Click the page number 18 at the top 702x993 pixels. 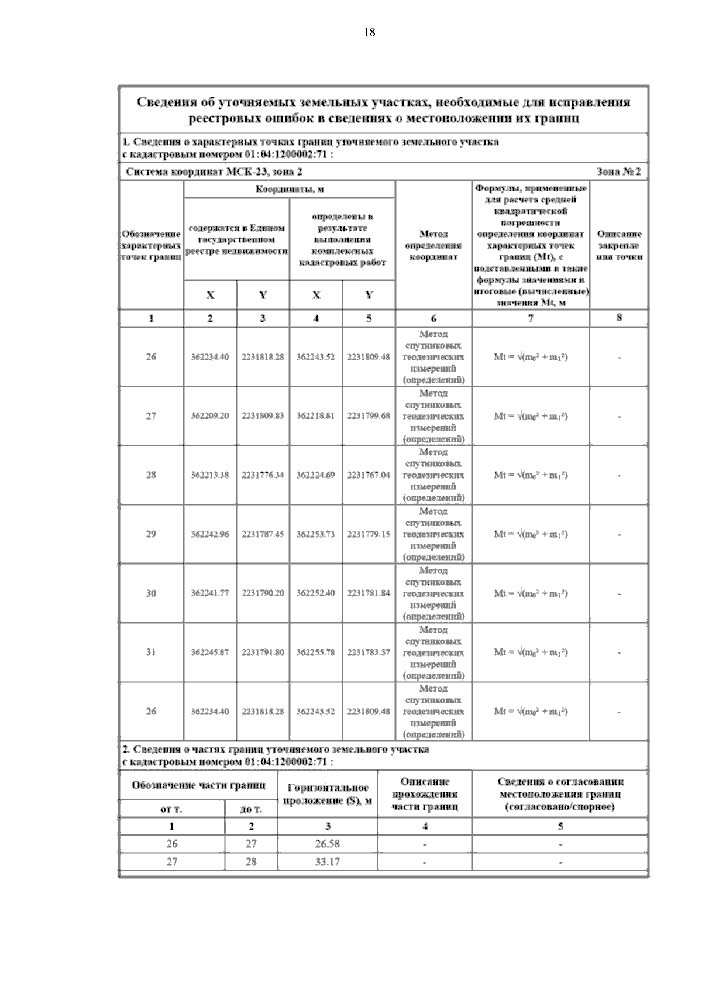click(x=369, y=33)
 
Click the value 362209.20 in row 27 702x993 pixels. click(x=210, y=416)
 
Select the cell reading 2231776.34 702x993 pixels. click(x=263, y=475)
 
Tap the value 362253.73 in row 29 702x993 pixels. click(x=315, y=534)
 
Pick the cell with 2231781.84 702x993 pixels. click(x=369, y=593)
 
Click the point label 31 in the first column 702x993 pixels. click(x=151, y=652)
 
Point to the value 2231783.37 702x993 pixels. click(x=369, y=652)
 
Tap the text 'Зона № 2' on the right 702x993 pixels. click(x=618, y=171)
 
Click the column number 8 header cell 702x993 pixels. click(x=619, y=318)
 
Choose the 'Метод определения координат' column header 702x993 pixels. click(x=433, y=245)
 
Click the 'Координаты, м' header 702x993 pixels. click(x=290, y=190)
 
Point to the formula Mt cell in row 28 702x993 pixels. click(x=531, y=475)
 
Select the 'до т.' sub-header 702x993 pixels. click(x=251, y=810)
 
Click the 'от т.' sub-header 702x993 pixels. click(x=171, y=810)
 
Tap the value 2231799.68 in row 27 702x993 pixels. click(x=369, y=416)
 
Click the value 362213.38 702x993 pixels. click(x=210, y=475)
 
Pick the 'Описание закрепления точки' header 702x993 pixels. click(x=619, y=245)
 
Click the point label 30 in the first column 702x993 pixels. click(x=151, y=593)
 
